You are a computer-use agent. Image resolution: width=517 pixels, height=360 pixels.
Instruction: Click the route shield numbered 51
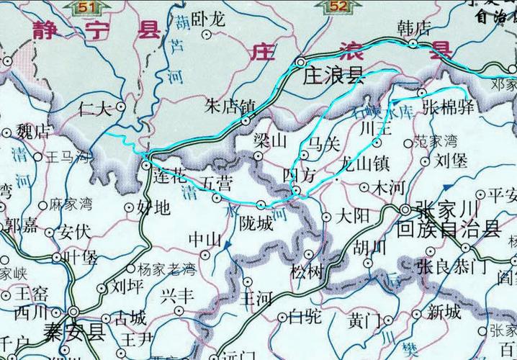click(89, 7)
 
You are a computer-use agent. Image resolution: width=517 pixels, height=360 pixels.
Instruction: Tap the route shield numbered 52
click(339, 7)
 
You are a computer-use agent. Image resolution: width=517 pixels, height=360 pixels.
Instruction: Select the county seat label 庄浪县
click(333, 76)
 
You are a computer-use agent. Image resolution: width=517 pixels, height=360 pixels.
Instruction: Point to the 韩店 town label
click(413, 28)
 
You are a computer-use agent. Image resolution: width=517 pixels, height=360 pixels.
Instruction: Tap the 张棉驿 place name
click(447, 108)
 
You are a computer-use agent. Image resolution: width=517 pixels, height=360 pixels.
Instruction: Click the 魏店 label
click(33, 132)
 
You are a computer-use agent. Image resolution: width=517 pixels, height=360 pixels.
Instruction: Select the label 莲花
click(171, 175)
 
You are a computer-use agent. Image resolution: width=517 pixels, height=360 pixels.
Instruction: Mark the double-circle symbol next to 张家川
click(405, 210)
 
